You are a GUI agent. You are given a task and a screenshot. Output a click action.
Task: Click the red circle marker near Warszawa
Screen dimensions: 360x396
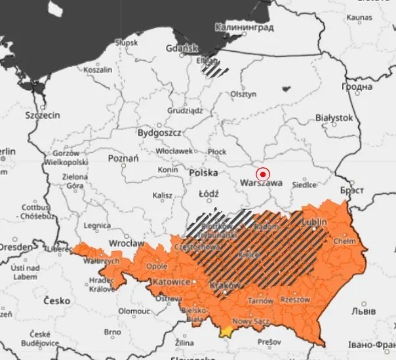tap(263, 174)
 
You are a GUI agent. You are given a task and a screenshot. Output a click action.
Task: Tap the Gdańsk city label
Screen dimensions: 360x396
tap(182, 48)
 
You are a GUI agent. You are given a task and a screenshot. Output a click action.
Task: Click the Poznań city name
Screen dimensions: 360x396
tap(123, 159)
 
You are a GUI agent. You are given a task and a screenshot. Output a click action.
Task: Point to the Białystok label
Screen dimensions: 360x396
tap(334, 118)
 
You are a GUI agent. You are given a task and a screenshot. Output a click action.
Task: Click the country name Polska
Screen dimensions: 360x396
tap(203, 172)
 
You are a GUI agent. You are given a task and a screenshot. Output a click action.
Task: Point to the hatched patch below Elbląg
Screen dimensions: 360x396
tap(215, 67)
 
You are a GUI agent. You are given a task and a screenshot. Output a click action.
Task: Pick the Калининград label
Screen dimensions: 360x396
tap(244, 28)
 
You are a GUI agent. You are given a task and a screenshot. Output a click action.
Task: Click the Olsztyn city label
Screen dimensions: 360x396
tap(243, 94)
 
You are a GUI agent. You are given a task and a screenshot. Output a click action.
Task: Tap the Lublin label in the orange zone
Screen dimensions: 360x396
tap(314, 222)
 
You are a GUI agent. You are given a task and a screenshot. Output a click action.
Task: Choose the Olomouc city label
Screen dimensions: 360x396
tap(134, 311)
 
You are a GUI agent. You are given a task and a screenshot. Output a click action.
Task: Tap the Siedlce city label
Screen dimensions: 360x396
tap(312, 184)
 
